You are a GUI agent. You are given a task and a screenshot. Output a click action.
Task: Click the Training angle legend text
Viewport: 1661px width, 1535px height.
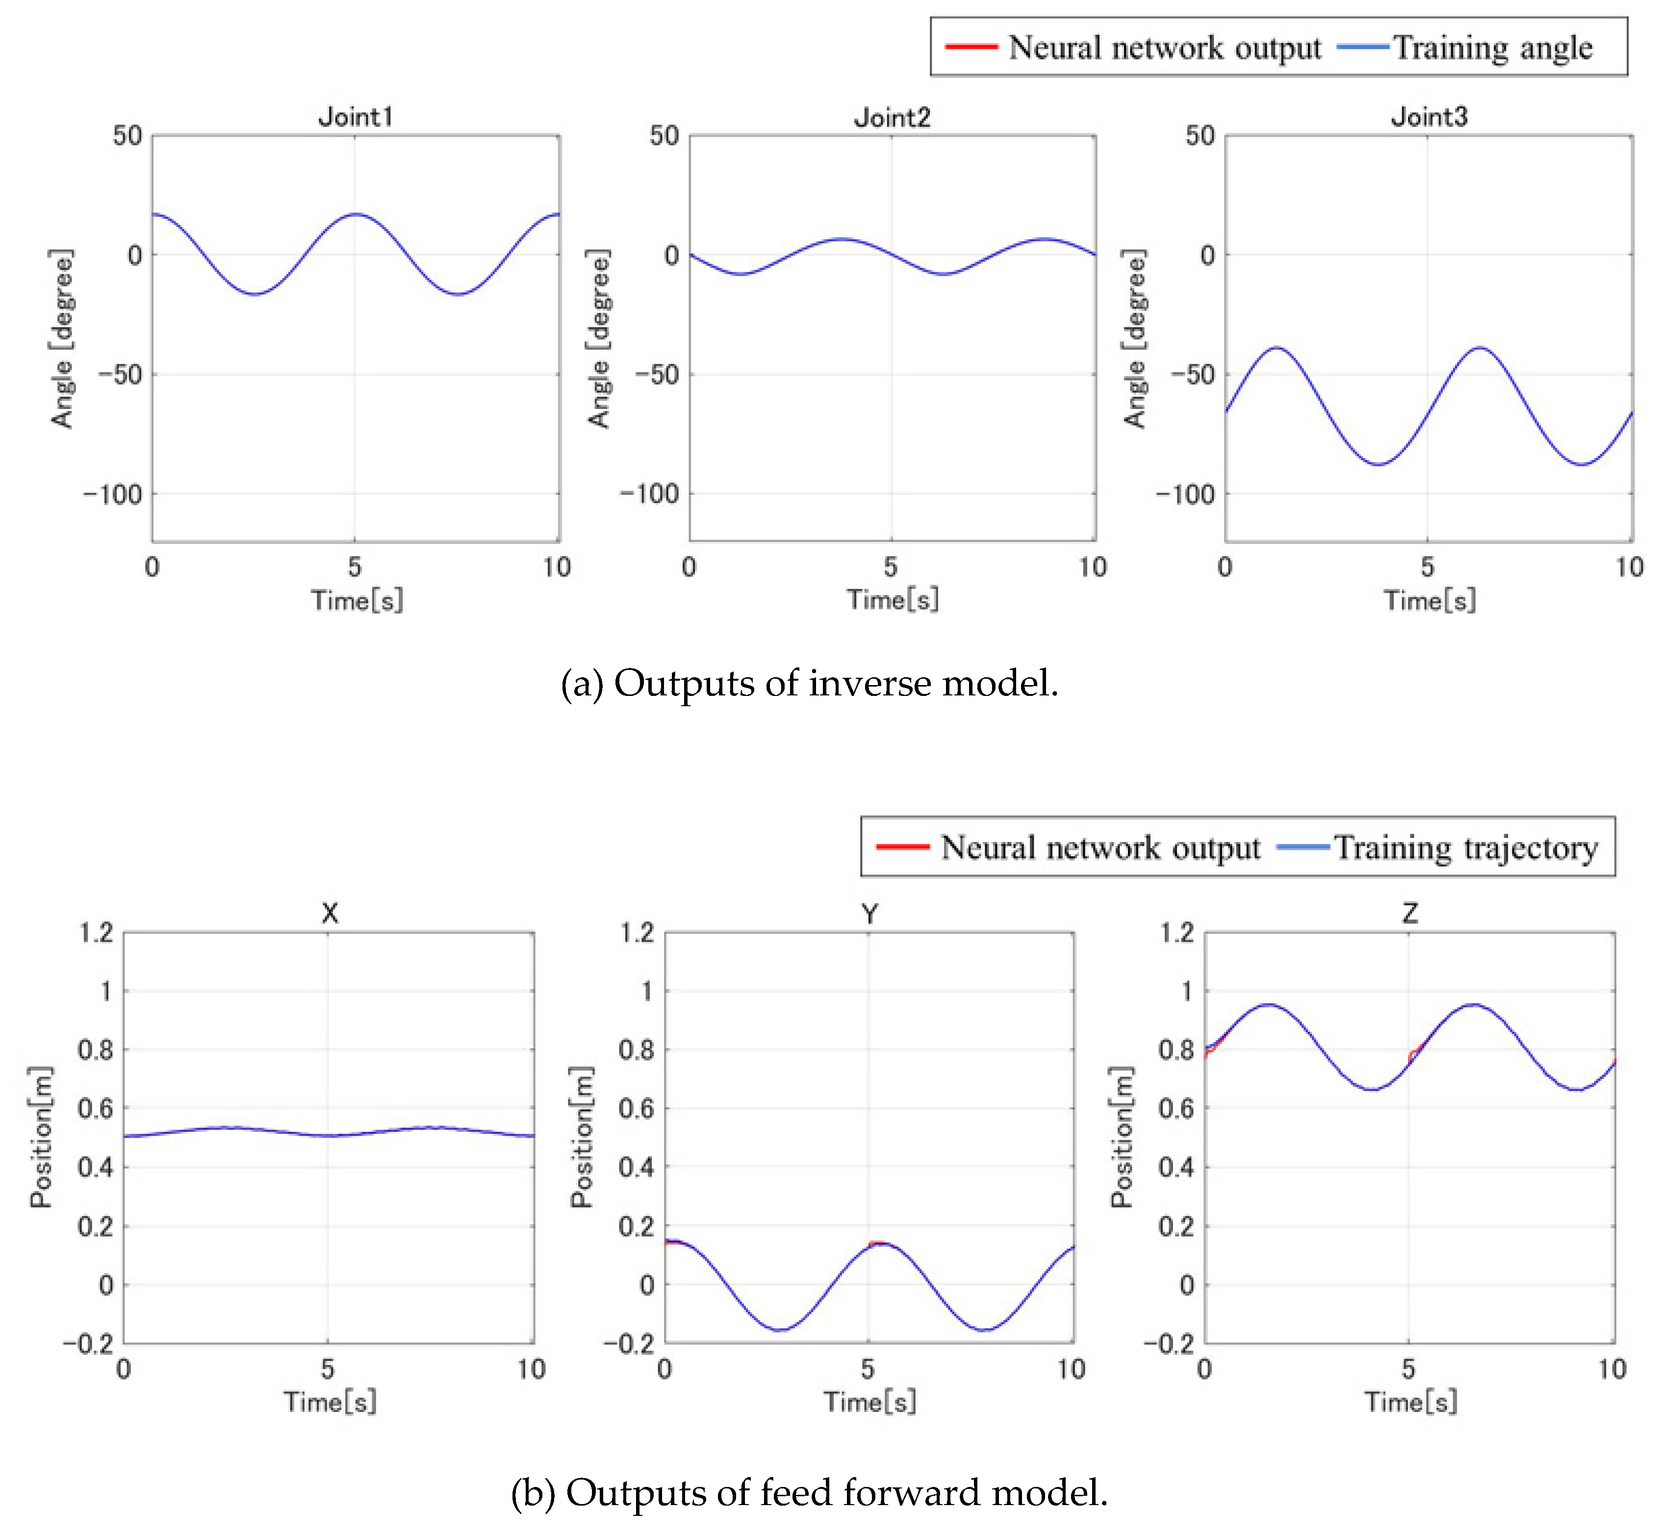1492,48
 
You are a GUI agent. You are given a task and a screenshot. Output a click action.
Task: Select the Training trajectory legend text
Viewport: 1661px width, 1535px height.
1466,848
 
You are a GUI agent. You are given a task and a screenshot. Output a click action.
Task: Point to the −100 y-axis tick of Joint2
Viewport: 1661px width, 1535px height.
649,494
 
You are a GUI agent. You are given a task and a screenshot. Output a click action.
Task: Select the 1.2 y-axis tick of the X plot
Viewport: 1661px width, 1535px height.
96,933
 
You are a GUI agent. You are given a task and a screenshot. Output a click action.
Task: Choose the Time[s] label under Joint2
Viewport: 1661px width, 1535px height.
893,600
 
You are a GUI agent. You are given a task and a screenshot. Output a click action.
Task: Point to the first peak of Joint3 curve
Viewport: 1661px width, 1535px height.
1277,348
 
